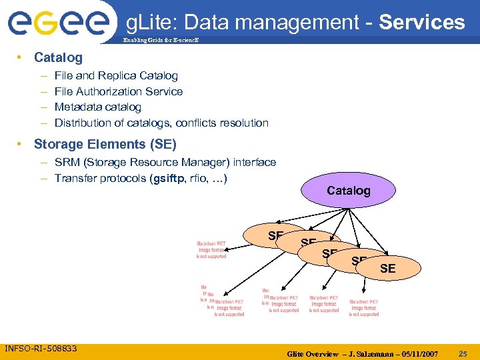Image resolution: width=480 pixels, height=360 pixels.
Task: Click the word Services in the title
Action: pos(422,22)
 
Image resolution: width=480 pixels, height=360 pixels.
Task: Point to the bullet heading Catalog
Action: pos(58,57)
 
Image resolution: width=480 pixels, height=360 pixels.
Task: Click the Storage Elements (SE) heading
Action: pos(105,144)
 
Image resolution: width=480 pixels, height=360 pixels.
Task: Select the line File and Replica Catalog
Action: pos(116,76)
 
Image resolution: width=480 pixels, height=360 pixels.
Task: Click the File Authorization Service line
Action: pos(119,91)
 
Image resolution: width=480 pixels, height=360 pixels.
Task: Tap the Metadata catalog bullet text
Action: pos(98,107)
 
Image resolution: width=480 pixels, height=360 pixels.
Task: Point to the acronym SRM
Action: pos(67,162)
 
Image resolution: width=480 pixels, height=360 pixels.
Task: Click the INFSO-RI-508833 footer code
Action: pos(41,348)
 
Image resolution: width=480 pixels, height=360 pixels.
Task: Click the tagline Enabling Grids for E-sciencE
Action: pos(160,41)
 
